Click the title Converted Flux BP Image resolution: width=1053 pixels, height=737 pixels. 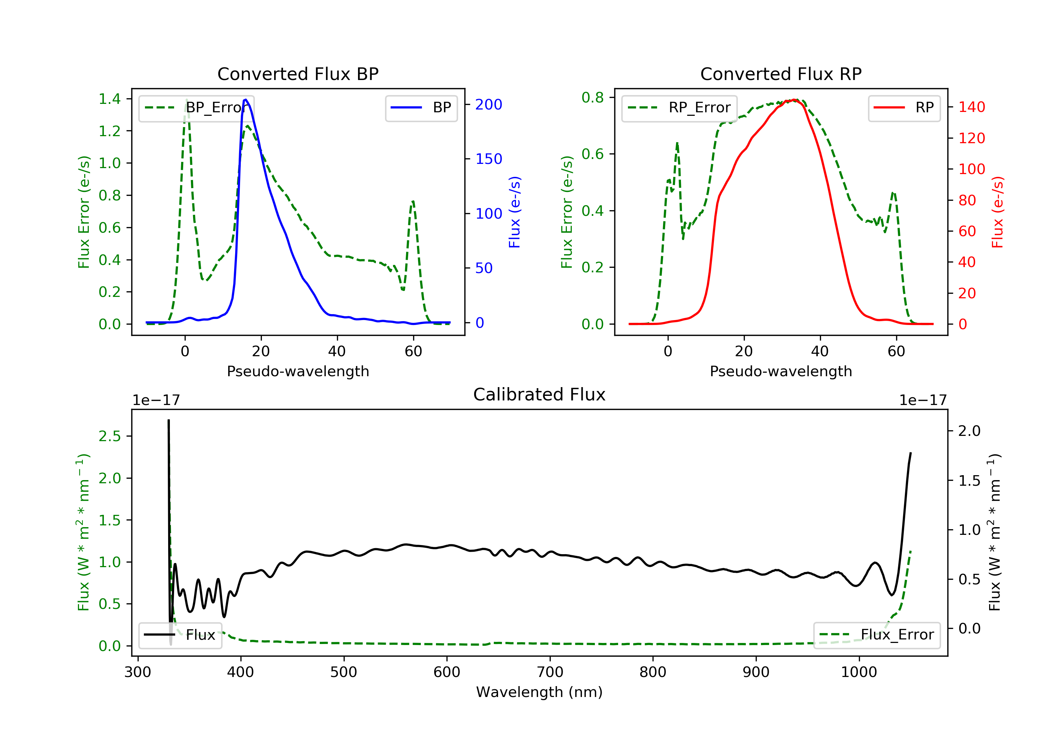tap(298, 74)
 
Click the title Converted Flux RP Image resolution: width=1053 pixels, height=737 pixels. tap(781, 74)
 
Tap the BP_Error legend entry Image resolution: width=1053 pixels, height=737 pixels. tap(196, 108)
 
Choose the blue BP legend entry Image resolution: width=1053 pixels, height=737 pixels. tap(421, 108)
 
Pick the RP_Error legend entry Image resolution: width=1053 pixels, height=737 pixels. tap(679, 108)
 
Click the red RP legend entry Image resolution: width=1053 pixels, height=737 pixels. tap(904, 108)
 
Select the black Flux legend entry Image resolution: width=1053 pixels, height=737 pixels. tap(180, 635)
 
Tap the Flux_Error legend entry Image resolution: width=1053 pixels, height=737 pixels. tap(876, 635)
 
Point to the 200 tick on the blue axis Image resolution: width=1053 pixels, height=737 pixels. tap(489, 105)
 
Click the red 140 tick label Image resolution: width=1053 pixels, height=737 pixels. tap(971, 107)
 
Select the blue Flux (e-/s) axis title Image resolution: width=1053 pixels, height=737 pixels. tap(515, 212)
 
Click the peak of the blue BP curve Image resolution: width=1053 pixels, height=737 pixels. tap(246, 100)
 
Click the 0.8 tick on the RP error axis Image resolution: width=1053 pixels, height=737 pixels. tap(592, 97)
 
